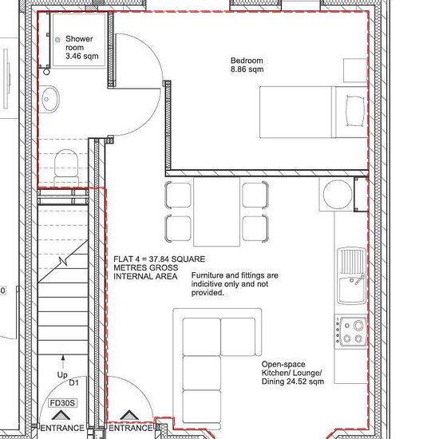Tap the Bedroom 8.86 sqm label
pos(247,65)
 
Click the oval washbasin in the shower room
pos(50,99)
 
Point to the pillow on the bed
pos(355,111)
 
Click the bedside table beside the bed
pos(355,70)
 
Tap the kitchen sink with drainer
pos(352,276)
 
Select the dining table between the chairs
pos(216,212)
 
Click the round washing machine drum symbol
pos(338,194)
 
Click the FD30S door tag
pos(63,403)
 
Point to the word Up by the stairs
pos(62,374)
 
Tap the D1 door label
pos(74,382)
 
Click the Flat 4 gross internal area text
pos(160,267)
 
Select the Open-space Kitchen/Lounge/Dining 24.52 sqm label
pos(293,373)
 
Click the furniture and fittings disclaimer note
pos(235,284)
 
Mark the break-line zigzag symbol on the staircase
pos(64,262)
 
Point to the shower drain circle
pos(57,40)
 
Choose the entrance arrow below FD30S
pos(61,415)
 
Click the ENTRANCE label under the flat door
pos(130,428)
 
